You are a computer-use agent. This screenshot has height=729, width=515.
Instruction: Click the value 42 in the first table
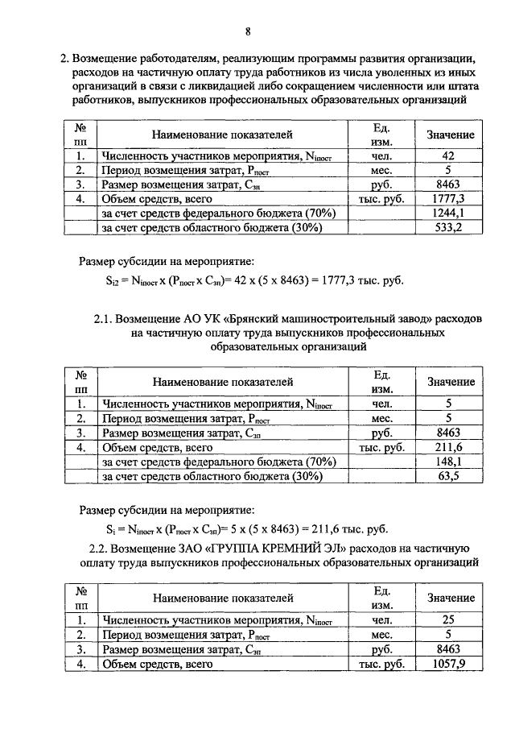tap(450, 155)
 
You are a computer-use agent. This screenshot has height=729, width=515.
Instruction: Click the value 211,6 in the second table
tap(450, 447)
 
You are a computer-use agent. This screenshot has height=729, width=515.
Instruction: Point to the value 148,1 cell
tap(450, 462)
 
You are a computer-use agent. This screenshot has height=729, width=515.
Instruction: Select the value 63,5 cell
tap(450, 476)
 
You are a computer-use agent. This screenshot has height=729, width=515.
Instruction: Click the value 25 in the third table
tap(450, 620)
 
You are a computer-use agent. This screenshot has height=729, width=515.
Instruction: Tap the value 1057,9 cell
tap(450, 665)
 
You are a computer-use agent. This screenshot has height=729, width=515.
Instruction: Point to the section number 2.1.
tap(104, 318)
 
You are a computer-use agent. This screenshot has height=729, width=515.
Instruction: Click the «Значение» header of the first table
tap(450, 135)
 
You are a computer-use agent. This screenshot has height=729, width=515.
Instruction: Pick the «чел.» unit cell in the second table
tap(381, 404)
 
